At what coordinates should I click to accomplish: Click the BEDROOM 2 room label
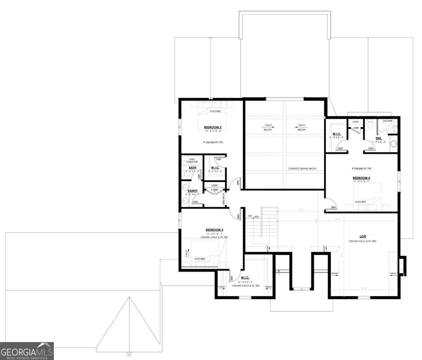[x=212, y=127]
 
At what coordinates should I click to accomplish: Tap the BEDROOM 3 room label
[x=215, y=230]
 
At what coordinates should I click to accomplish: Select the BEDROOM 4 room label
[x=361, y=178]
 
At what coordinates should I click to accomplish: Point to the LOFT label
[x=363, y=236]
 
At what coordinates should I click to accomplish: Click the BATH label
[x=192, y=168]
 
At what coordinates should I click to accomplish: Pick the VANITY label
[x=192, y=191]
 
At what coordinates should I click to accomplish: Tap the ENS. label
[x=379, y=138]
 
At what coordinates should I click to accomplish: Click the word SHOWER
[x=388, y=121]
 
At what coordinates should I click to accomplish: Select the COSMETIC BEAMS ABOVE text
[x=302, y=169]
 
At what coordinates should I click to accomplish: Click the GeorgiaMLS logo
[x=27, y=351]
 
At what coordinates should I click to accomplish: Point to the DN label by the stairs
[x=250, y=216]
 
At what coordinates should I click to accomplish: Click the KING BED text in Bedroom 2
[x=215, y=111]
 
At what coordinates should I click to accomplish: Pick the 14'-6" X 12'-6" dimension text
[x=212, y=131]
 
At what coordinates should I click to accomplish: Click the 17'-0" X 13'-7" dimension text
[x=361, y=182]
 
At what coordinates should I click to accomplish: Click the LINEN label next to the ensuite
[x=356, y=122]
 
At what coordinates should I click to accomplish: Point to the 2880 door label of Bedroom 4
[x=333, y=207]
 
